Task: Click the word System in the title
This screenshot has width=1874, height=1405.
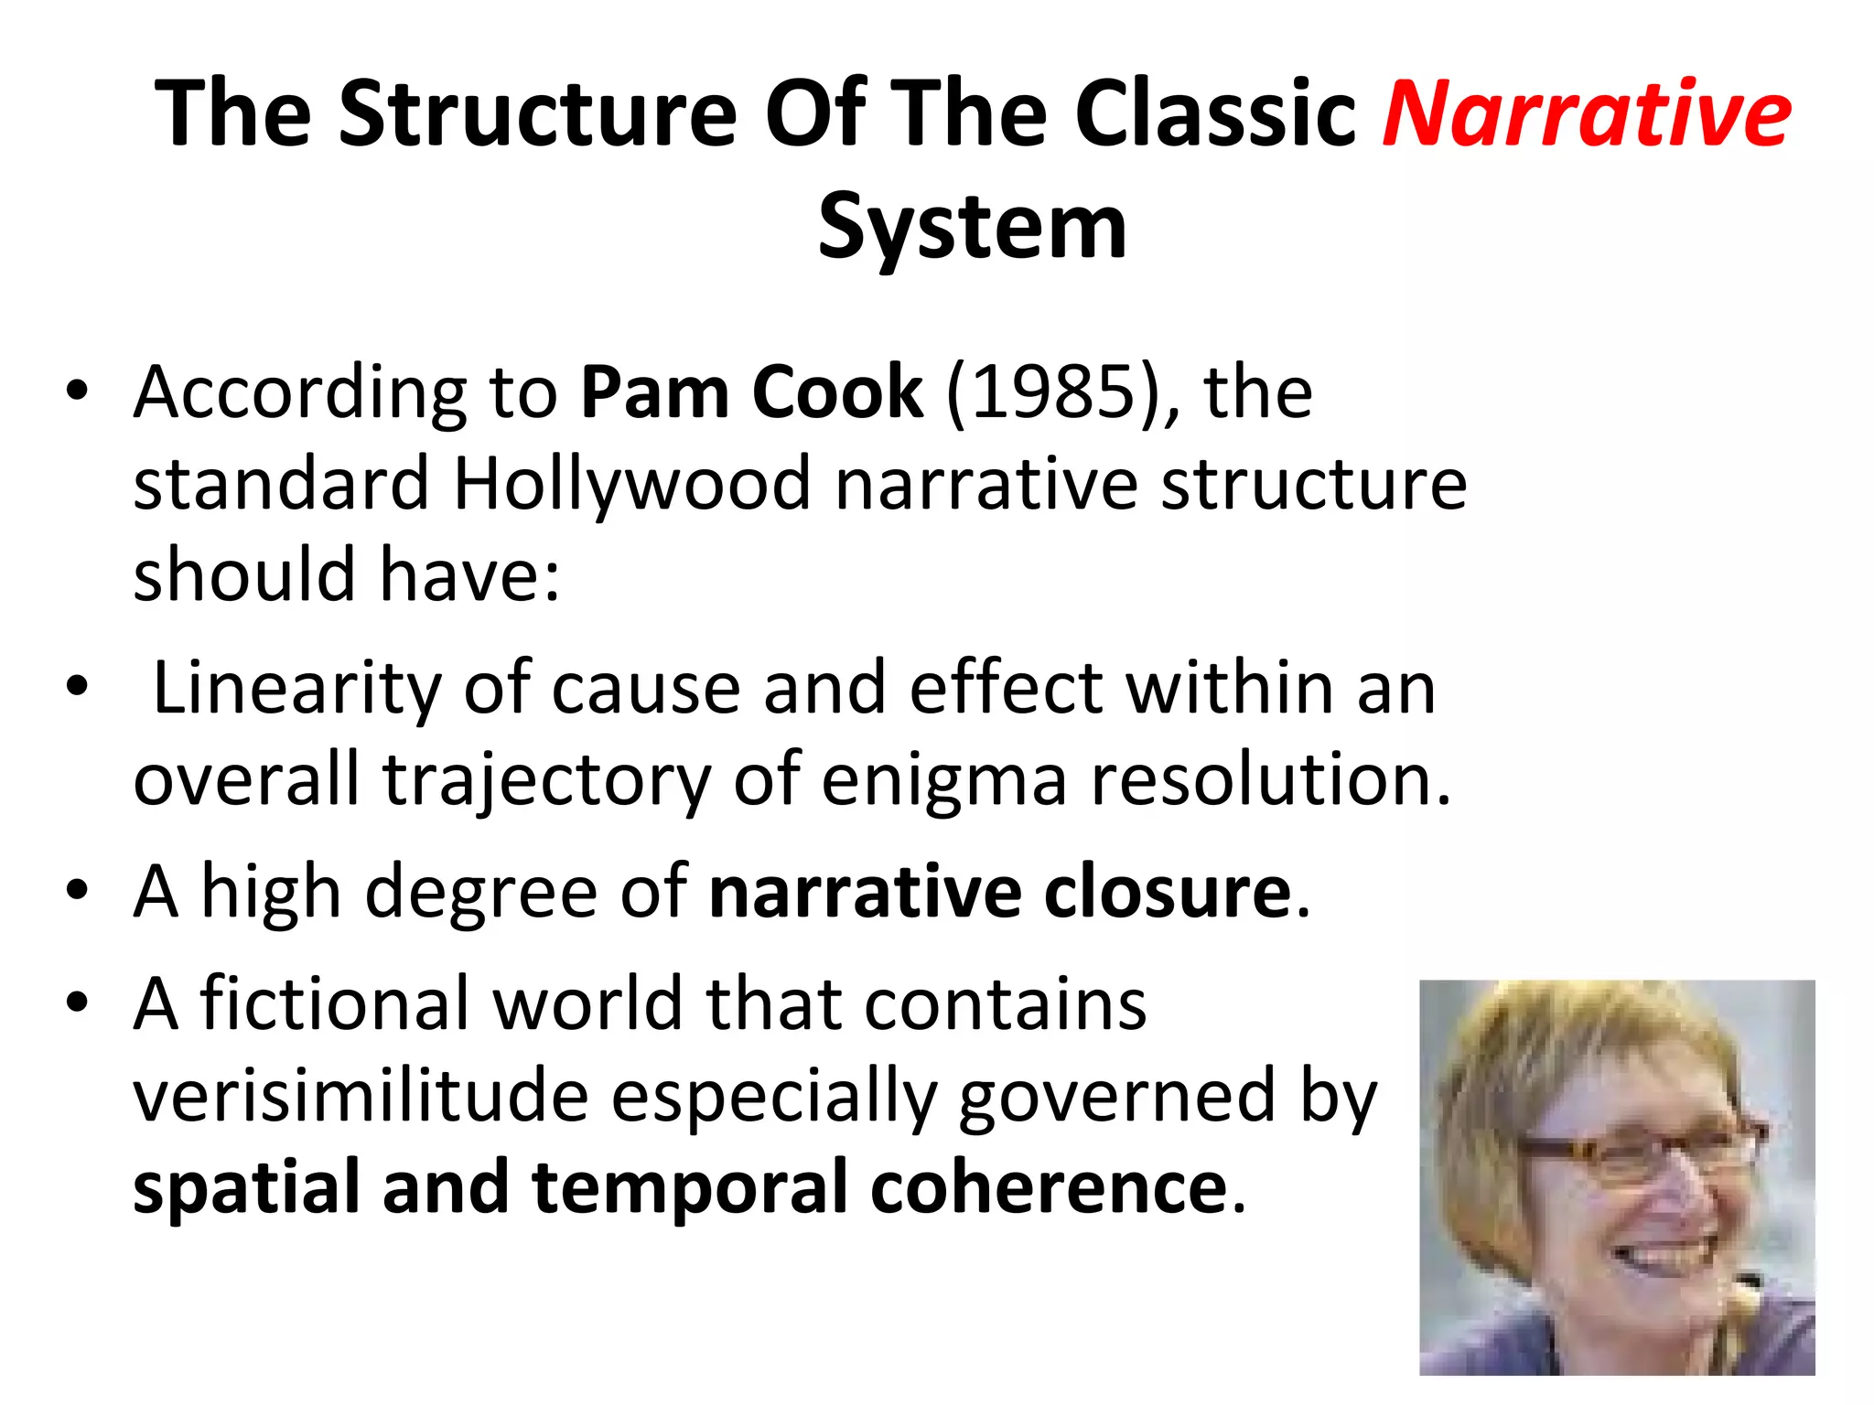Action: (x=972, y=226)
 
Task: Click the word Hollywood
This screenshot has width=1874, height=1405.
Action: (x=631, y=484)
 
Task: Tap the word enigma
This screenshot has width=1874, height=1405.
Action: (x=943, y=779)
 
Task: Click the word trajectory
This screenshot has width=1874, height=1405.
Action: (x=546, y=779)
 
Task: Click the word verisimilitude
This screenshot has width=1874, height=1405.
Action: (x=361, y=1096)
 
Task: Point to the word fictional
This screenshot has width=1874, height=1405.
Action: (x=335, y=1004)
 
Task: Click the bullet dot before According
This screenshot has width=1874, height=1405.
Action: (x=77, y=391)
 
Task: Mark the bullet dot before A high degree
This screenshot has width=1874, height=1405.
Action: (x=77, y=891)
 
